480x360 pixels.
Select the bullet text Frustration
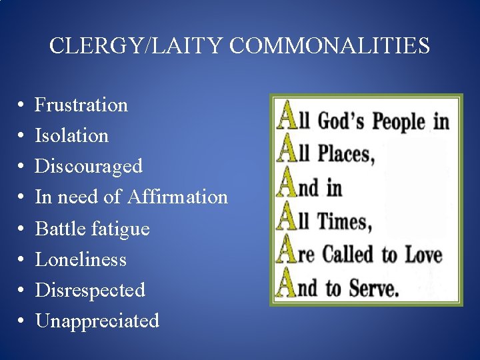[81, 105]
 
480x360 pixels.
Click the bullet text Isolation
[71, 135]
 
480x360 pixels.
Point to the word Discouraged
[89, 166]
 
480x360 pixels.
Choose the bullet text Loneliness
[81, 259]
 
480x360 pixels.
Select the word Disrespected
[90, 290]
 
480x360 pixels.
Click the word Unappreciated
[97, 321]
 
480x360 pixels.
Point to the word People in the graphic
[398, 121]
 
